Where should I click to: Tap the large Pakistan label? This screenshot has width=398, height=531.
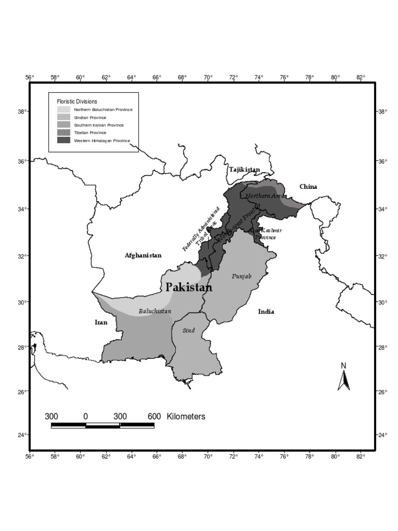189,288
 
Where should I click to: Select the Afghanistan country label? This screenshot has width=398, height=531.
143,255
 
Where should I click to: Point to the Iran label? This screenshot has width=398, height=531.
101,322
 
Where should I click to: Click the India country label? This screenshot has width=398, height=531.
266,312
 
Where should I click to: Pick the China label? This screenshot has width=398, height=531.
308,187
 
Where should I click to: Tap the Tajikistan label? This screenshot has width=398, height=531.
245,170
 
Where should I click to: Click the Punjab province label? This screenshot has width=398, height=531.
241,277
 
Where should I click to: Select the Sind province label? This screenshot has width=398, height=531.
189,330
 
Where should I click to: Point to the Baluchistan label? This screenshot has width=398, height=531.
154,312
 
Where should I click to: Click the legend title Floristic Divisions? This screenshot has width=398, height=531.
77,102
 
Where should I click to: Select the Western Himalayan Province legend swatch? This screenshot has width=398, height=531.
64,141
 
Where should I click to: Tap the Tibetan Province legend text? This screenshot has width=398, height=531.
90,133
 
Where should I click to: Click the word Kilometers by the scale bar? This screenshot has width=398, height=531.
186,416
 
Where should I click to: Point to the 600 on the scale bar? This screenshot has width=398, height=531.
154,416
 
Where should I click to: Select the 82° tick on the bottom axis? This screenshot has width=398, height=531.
361,457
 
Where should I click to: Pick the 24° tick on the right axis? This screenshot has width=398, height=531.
382,435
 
